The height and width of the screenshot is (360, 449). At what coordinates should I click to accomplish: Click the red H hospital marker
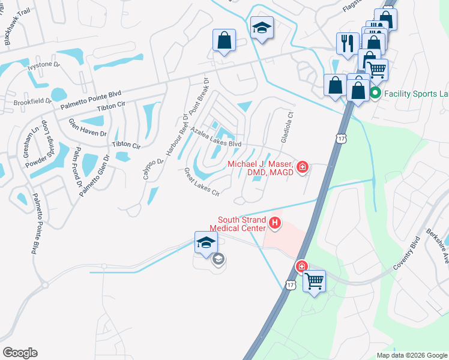point(275,224)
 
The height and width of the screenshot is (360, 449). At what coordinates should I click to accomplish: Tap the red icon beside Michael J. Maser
point(303,167)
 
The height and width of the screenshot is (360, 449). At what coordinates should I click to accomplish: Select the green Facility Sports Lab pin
point(375,93)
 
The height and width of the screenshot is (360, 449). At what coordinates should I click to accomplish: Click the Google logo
point(20,353)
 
